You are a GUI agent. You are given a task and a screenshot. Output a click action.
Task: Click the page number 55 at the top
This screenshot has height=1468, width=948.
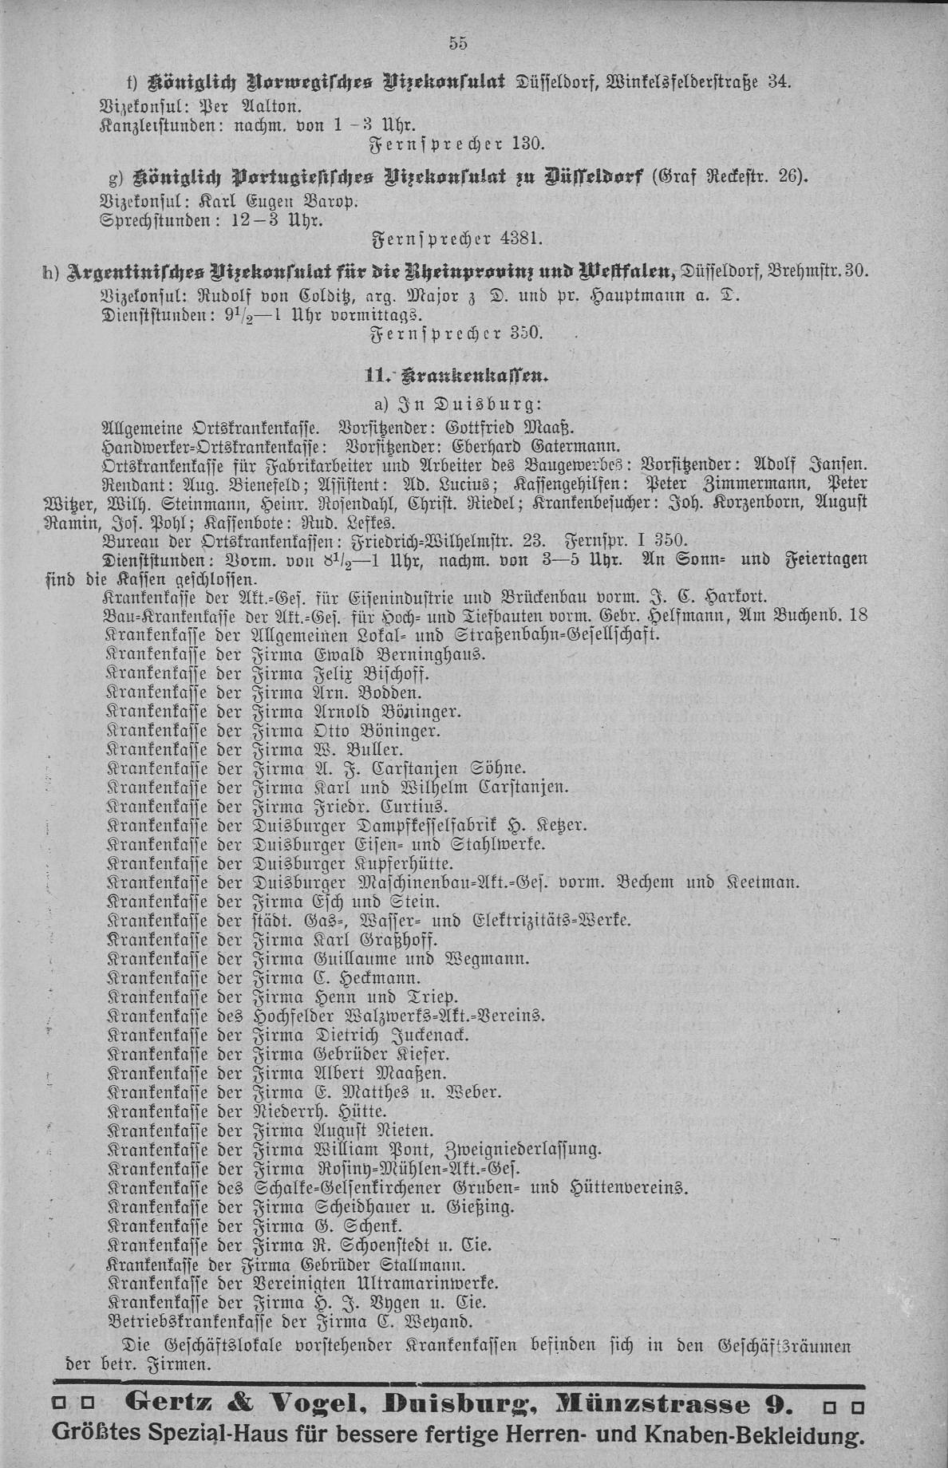coord(458,44)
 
